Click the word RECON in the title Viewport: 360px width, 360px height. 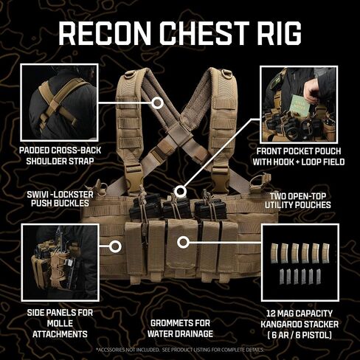click(104, 33)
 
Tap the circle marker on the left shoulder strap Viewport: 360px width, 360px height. click(157, 103)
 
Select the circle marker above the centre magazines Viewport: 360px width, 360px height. click(181, 191)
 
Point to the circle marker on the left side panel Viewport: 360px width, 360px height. click(115, 246)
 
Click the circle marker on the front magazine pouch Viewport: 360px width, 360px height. click(183, 243)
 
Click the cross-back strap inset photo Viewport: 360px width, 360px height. click(60, 103)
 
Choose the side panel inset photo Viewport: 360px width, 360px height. click(60, 263)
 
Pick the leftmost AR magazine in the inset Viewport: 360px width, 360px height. click(274, 253)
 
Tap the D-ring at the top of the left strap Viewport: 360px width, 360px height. click(129, 74)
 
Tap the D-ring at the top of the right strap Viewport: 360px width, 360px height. click(226, 73)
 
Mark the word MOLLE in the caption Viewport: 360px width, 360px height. click(60, 323)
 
